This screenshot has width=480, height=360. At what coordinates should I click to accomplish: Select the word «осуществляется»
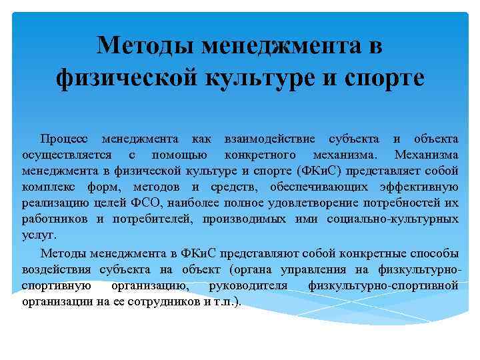click(65, 155)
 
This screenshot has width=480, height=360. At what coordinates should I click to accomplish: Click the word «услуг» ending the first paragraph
click(38, 235)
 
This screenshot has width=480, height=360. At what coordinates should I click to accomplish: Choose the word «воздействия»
click(57, 269)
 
